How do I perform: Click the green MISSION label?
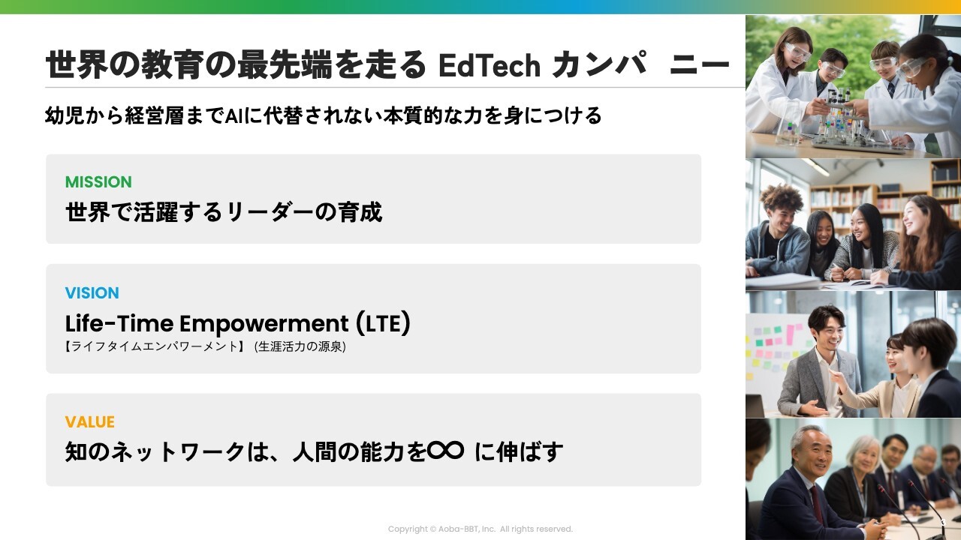click(x=98, y=182)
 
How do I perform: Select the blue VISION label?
click(x=92, y=293)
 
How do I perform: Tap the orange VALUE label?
click(x=89, y=422)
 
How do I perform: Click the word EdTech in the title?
click(x=489, y=65)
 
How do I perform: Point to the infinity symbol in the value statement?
click(x=445, y=451)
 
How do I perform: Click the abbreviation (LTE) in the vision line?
click(x=383, y=323)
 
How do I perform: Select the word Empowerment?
click(x=264, y=324)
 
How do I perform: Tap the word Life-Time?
click(x=119, y=323)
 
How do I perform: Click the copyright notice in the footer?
click(x=480, y=529)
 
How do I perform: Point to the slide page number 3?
click(x=943, y=522)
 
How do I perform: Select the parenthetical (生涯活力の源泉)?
click(x=300, y=346)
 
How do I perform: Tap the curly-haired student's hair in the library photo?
click(x=782, y=197)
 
